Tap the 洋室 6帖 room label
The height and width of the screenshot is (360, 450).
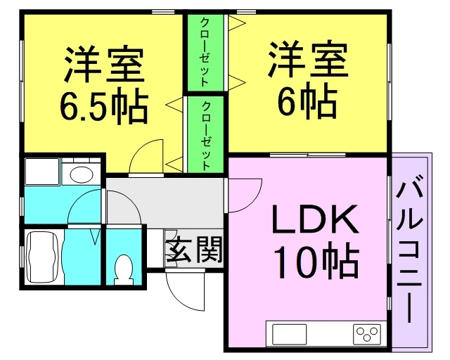pos(307,80)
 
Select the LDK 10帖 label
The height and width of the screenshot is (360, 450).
pos(316,241)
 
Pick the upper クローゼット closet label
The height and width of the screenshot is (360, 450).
pos(205,52)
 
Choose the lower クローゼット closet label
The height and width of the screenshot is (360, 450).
pos(206,136)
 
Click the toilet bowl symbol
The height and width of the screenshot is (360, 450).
pos(124,270)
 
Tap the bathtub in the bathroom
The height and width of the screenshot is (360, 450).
pos(42,257)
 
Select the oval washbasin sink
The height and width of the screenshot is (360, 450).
pos(82,174)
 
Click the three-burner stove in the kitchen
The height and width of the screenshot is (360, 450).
pos(367,334)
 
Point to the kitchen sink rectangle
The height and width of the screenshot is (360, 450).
pos(289,334)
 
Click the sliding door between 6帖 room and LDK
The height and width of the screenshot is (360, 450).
pos(307,155)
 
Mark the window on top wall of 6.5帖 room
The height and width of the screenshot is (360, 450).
pos(163,12)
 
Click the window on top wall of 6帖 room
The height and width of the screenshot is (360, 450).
pos(246,12)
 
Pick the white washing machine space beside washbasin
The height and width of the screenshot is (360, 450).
pos(42,172)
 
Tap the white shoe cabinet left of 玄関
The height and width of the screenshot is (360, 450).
pos(155,248)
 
